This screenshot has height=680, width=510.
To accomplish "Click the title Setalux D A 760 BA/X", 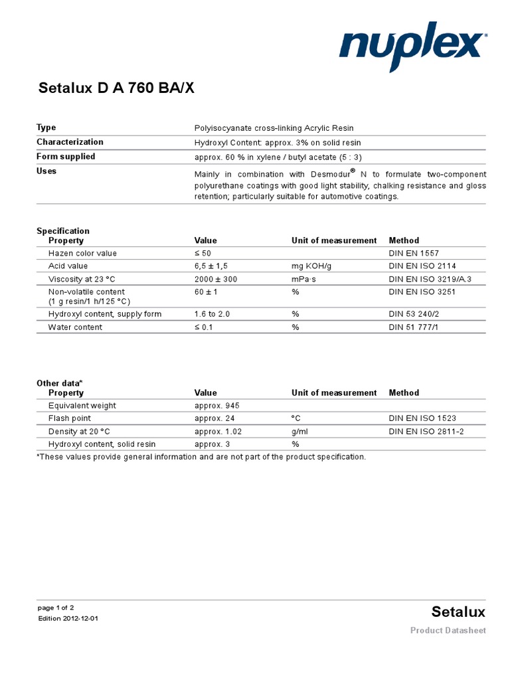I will coord(116,88).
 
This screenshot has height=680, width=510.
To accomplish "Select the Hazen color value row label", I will coord(82,254).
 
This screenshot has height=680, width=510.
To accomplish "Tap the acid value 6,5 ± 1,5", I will coord(211,266).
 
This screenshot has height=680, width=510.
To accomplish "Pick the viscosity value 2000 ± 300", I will coord(216,279).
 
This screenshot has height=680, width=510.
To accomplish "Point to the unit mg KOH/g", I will coord(313,266).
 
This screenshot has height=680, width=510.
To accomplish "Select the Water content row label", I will coord(75,327).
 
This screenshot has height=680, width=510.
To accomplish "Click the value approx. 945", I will coord(214,406).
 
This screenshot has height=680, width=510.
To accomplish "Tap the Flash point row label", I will coord(70,418).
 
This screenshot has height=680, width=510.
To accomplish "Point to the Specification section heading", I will coord(63,231).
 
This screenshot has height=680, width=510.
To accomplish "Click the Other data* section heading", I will coord(60,383).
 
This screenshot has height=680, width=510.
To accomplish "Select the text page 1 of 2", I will coord(56,608).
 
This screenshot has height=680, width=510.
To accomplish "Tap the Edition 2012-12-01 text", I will coord(68,619).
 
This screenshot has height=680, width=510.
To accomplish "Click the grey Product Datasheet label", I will coord(448,630).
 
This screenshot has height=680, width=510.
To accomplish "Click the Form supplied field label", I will coord(66,157).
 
